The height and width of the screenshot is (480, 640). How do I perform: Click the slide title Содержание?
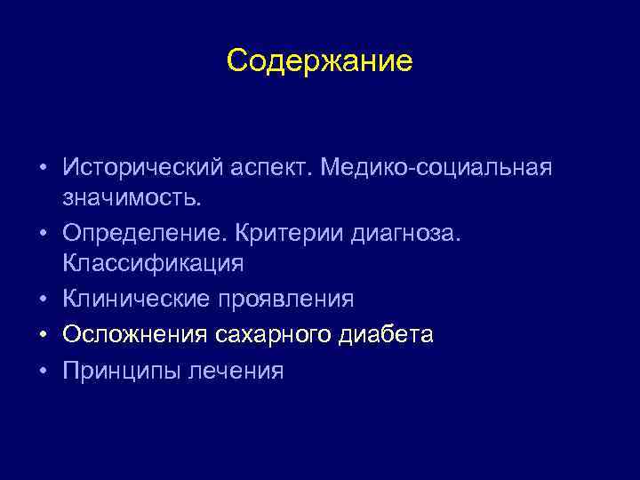pyautogui.click(x=319, y=61)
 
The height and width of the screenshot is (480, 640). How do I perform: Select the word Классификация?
pyautogui.click(x=153, y=264)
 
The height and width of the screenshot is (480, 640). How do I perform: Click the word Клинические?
pyautogui.click(x=138, y=300)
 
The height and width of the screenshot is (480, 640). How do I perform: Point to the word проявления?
pyautogui.click(x=287, y=300)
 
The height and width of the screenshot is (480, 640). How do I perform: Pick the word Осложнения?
pyautogui.click(x=134, y=335)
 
